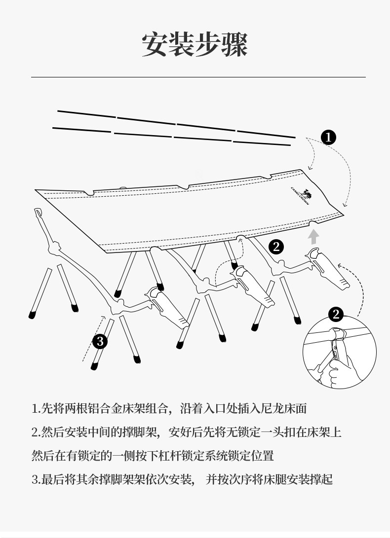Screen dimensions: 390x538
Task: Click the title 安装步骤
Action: point(195,45)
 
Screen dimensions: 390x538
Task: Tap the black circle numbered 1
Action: point(328,137)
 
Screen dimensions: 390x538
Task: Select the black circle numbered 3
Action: point(100,341)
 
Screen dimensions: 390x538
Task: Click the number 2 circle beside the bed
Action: point(276,247)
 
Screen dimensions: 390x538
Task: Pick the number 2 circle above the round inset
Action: point(336,314)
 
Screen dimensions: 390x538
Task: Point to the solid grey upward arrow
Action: point(313,237)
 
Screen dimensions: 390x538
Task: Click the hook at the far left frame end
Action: point(38,213)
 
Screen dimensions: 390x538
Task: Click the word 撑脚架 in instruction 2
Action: point(139,432)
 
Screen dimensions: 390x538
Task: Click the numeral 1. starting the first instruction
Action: point(36,409)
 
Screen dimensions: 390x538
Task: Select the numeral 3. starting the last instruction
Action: point(36,479)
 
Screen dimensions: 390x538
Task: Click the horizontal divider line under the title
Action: point(197,77)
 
